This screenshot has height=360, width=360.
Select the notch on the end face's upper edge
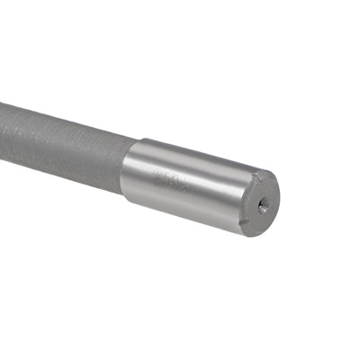click(261, 173)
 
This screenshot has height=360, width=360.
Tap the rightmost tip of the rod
click(278, 200)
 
